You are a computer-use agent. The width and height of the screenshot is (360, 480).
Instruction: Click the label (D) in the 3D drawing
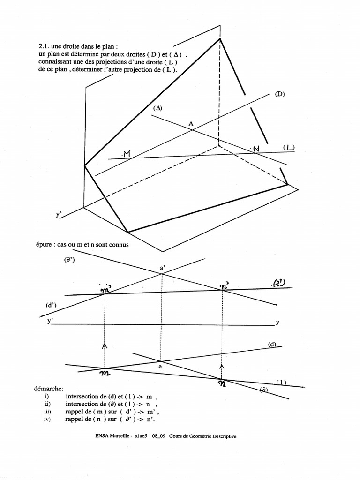pyautogui.click(x=280, y=94)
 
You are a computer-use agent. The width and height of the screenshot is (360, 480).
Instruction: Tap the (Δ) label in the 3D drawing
pyautogui.click(x=157, y=108)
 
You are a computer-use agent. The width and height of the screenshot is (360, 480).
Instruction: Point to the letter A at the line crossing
pyautogui.click(x=191, y=123)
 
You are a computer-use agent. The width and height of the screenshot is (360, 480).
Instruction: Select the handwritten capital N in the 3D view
pyautogui.click(x=255, y=149)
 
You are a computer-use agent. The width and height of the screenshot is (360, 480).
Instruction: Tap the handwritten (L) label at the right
pyautogui.click(x=289, y=148)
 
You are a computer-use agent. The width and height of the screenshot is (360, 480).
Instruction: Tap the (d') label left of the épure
pyautogui.click(x=51, y=305)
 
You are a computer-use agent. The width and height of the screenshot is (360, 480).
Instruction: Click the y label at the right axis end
pyautogui.click(x=277, y=322)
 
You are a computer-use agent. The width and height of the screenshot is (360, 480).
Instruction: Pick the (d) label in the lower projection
pyautogui.click(x=272, y=345)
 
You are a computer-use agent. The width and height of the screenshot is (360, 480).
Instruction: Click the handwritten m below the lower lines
pyautogui.click(x=105, y=374)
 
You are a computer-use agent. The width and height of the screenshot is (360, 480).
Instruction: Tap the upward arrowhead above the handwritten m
pyautogui.click(x=105, y=345)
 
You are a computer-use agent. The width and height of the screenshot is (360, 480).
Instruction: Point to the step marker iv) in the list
pyautogui.click(x=46, y=420)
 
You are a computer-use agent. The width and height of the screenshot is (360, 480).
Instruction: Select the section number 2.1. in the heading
pyautogui.click(x=44, y=46)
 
